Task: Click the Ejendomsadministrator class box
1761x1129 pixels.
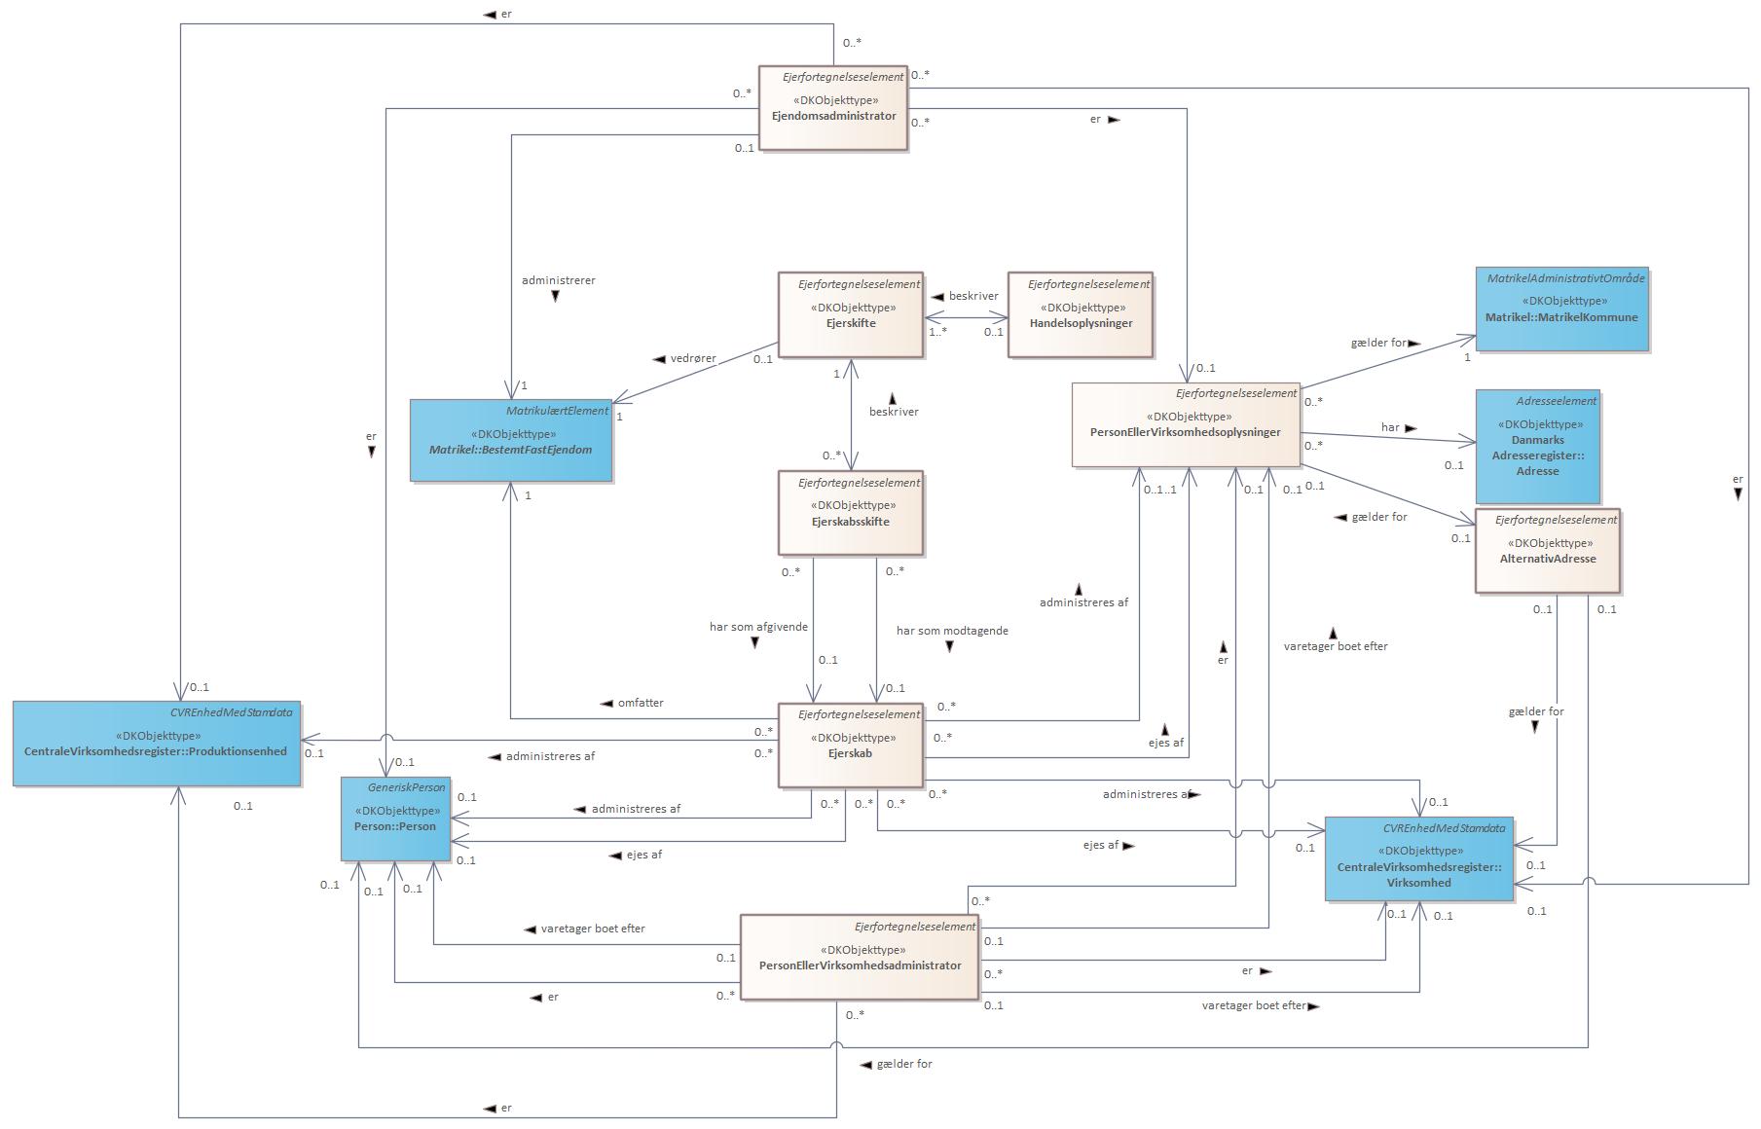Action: pyautogui.click(x=832, y=108)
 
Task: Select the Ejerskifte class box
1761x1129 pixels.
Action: pyautogui.click(x=851, y=315)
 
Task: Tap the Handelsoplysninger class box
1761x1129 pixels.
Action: pyautogui.click(x=1081, y=315)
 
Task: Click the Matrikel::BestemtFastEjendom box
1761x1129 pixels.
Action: pyautogui.click(x=510, y=441)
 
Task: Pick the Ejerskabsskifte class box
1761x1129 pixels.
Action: pyautogui.click(x=850, y=513)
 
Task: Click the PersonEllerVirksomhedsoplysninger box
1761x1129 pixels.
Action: pyautogui.click(x=1186, y=425)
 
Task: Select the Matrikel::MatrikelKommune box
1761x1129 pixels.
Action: pyautogui.click(x=1561, y=310)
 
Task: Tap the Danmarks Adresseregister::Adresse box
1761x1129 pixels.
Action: pyautogui.click(x=1537, y=447)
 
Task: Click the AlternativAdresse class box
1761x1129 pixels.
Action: pyautogui.click(x=1547, y=551)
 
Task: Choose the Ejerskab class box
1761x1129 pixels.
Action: pyautogui.click(x=850, y=746)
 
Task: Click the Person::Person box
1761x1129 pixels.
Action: pyautogui.click(x=395, y=819)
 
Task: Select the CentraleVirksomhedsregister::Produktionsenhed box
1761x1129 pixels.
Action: pyautogui.click(x=156, y=743)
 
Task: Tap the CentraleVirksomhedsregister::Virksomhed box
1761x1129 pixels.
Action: pyautogui.click(x=1418, y=859)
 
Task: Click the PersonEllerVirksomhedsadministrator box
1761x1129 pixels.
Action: pyautogui.click(x=860, y=958)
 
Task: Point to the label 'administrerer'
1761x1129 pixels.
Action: pyautogui.click(x=558, y=280)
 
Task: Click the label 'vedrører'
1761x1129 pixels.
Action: pyautogui.click(x=692, y=358)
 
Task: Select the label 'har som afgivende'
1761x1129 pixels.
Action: pyautogui.click(x=758, y=627)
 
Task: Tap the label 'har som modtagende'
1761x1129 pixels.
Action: pyautogui.click(x=951, y=631)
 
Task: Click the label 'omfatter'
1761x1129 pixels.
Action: pyautogui.click(x=640, y=703)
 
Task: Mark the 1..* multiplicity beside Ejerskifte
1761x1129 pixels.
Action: pyautogui.click(x=937, y=332)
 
